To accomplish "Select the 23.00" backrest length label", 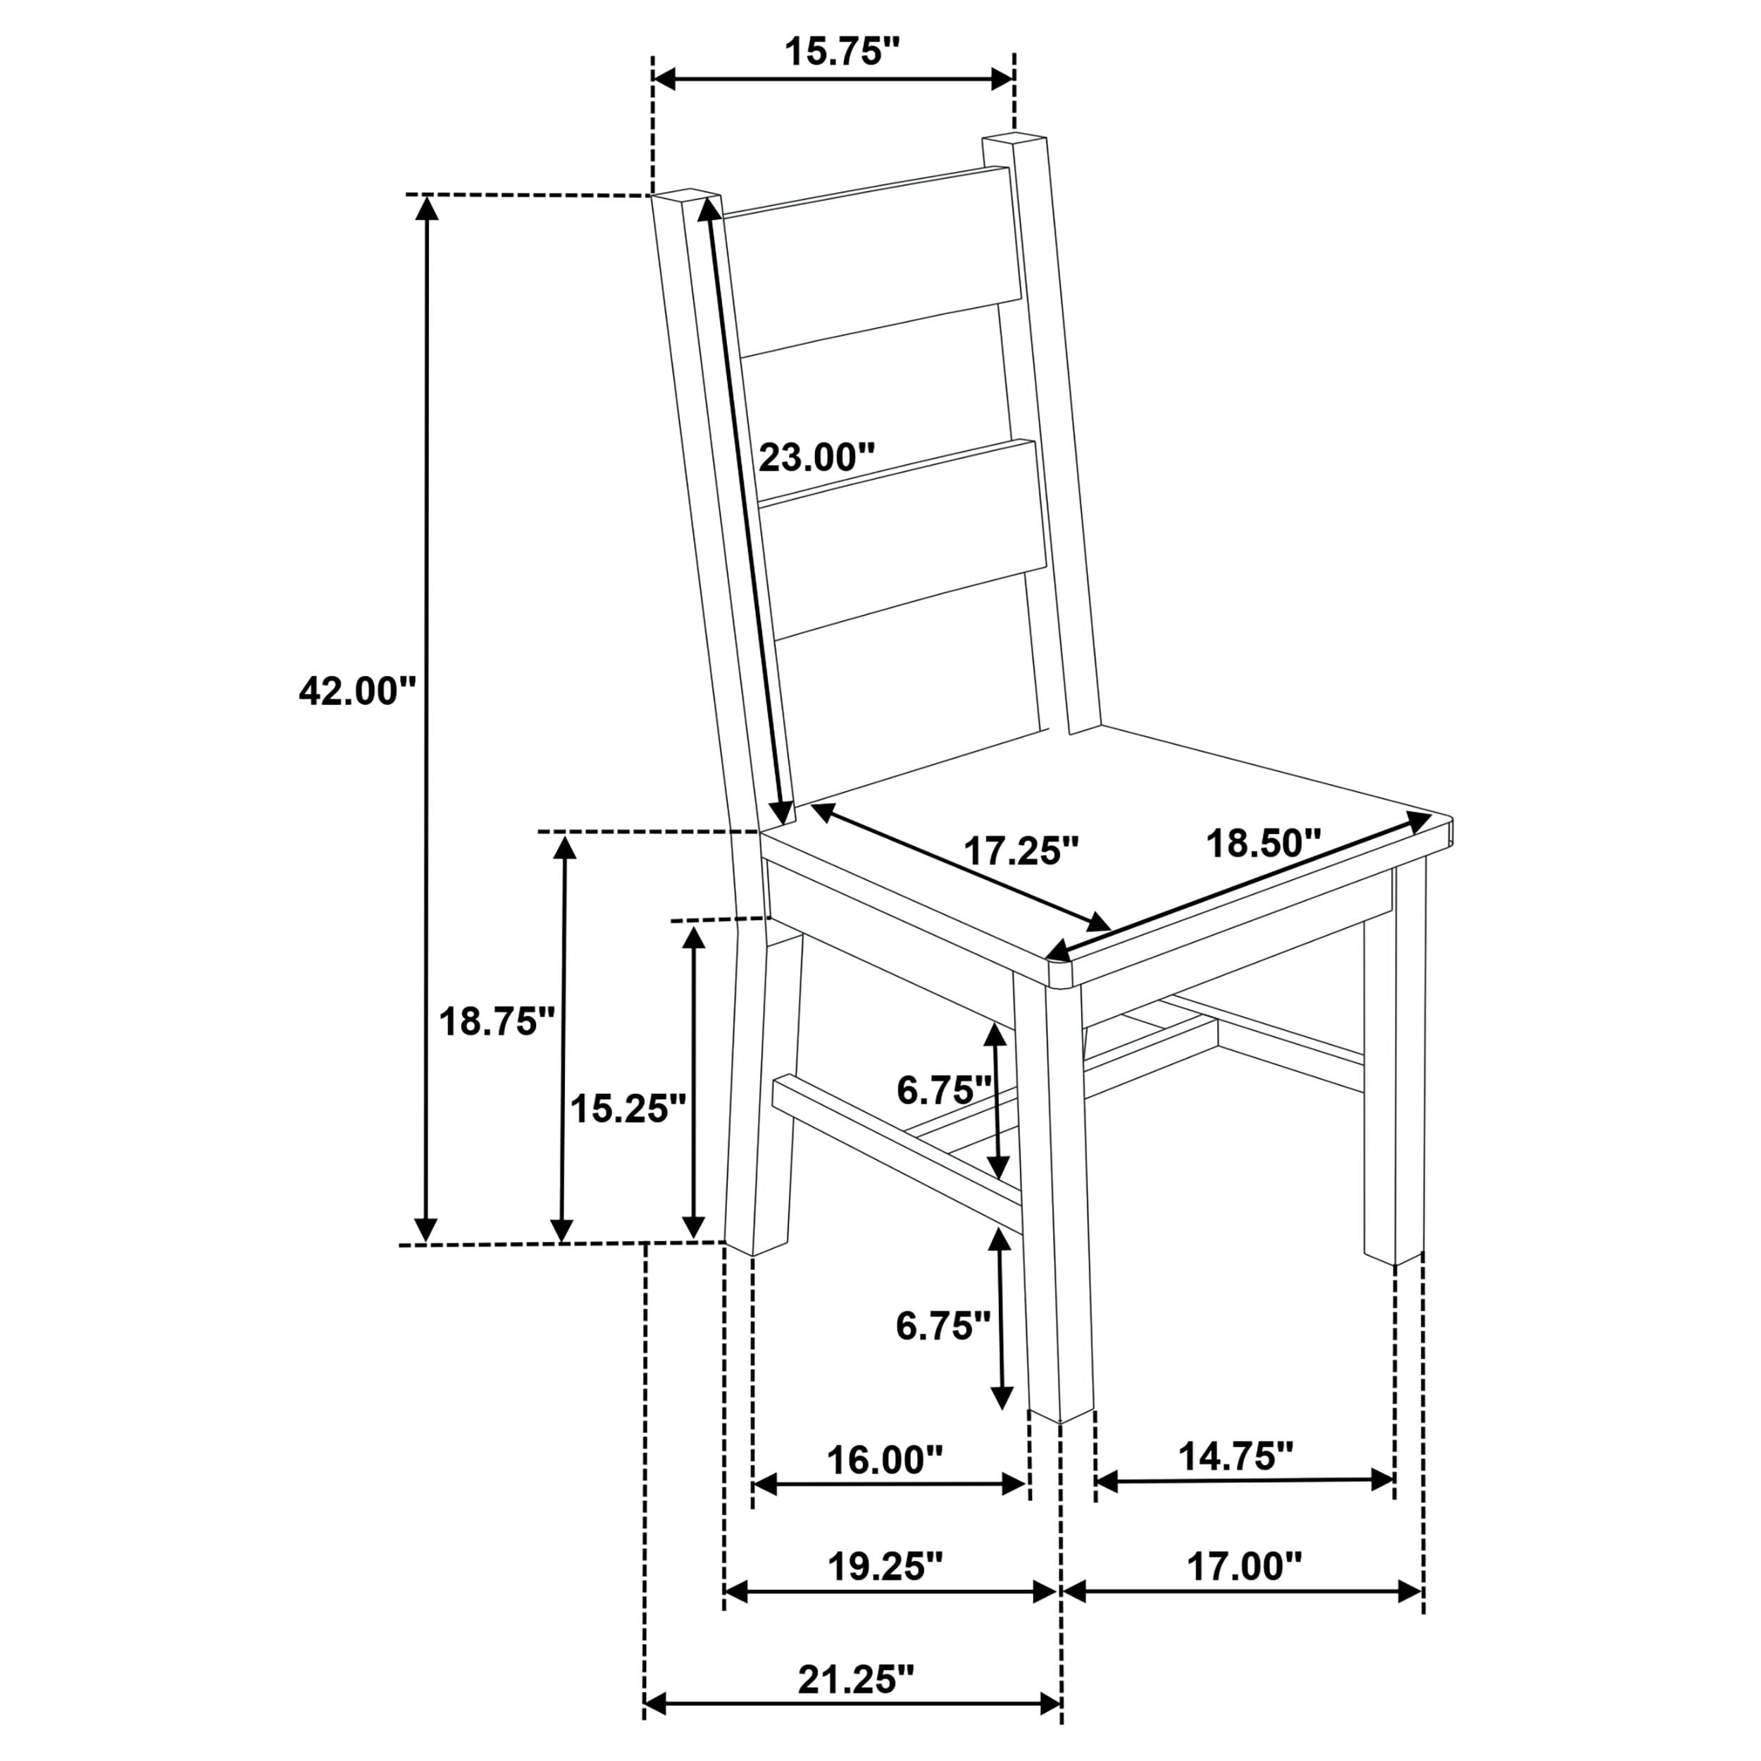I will pyautogui.click(x=816, y=456).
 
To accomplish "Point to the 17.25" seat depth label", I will pyautogui.click(x=1021, y=852).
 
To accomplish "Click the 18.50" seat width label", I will pyautogui.click(x=1263, y=843).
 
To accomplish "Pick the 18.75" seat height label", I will pyautogui.click(x=497, y=1022).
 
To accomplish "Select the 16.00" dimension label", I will pyautogui.click(x=884, y=1460).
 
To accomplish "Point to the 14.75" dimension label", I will pyautogui.click(x=1236, y=1457).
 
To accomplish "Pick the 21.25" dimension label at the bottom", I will pyautogui.click(x=855, y=1679).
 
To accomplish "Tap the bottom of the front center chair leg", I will pyautogui.click(x=1060, y=1413).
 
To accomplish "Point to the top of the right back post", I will pyautogui.click(x=1014, y=142).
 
